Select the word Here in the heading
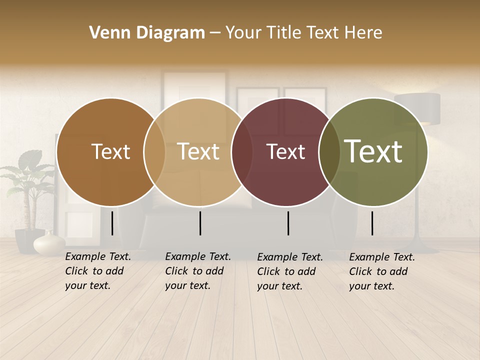click(x=363, y=33)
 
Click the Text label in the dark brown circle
click(x=110, y=151)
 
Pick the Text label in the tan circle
click(x=198, y=151)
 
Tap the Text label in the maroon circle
click(x=285, y=151)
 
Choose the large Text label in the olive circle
click(x=373, y=151)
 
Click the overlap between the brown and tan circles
click(x=154, y=152)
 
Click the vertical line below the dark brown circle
click(x=112, y=223)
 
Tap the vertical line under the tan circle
click(x=200, y=223)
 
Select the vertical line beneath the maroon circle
click(x=288, y=223)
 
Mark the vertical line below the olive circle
click(x=372, y=223)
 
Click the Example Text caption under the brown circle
click(x=98, y=271)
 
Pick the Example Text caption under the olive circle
click(x=382, y=271)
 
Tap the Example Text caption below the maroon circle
click(x=290, y=271)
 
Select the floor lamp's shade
click(x=417, y=108)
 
